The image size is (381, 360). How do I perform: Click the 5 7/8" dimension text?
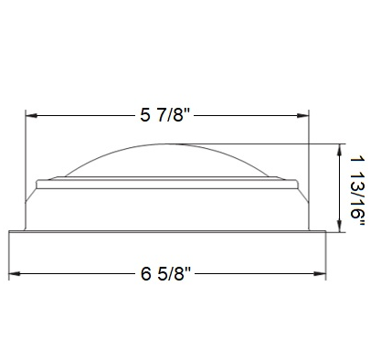164,115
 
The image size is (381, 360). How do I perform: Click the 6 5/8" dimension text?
165,273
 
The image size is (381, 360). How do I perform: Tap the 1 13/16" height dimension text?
357,191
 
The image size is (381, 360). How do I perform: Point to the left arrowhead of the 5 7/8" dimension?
31,115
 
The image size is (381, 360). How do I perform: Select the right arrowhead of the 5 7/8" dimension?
303,115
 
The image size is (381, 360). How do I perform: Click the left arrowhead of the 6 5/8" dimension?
15,274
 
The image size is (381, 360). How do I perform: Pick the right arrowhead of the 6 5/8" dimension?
320,274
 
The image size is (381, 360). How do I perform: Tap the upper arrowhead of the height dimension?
339,150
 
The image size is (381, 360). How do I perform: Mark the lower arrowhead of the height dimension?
339,227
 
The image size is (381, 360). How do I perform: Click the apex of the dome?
167,143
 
